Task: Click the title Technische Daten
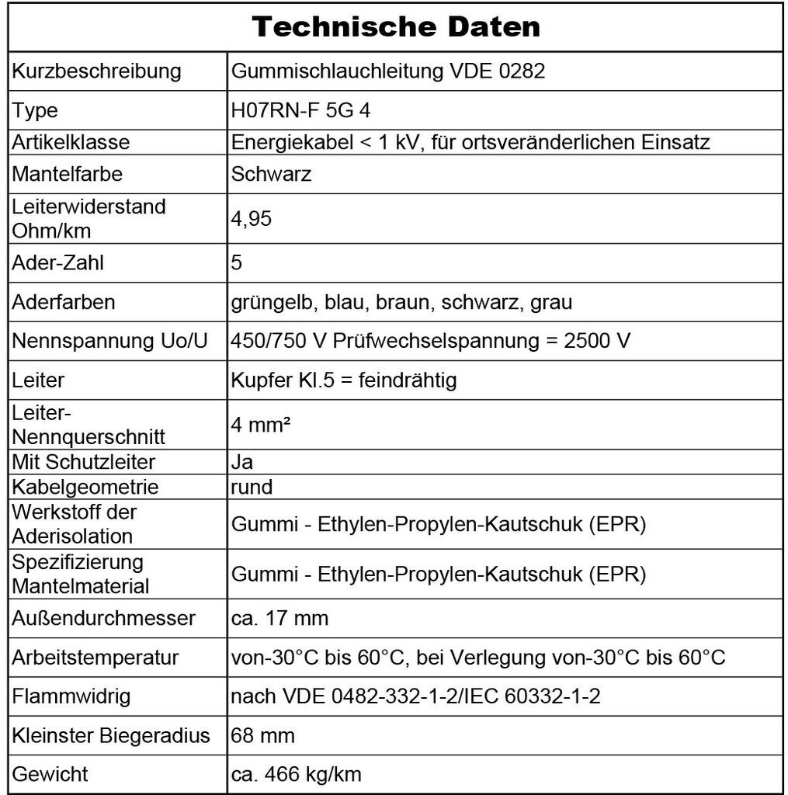pyautogui.click(x=395, y=27)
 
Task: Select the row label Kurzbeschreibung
pyautogui.click(x=96, y=71)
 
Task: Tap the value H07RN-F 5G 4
pyautogui.click(x=300, y=110)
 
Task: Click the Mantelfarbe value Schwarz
pyautogui.click(x=271, y=174)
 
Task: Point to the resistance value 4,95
pyautogui.click(x=252, y=219)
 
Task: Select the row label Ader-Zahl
pyautogui.click(x=58, y=262)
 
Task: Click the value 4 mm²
pyautogui.click(x=258, y=425)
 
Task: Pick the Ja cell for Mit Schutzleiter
pyautogui.click(x=242, y=462)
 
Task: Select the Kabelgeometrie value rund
pyautogui.click(x=252, y=487)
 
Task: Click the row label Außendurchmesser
pyautogui.click(x=103, y=619)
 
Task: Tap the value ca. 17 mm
pyautogui.click(x=279, y=619)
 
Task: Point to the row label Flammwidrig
pyautogui.click(x=71, y=696)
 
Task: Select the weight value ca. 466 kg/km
pyautogui.click(x=296, y=774)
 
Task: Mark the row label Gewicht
pyautogui.click(x=50, y=774)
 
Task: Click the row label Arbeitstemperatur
pyautogui.click(x=95, y=658)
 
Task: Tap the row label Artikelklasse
pyautogui.click(x=71, y=142)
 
